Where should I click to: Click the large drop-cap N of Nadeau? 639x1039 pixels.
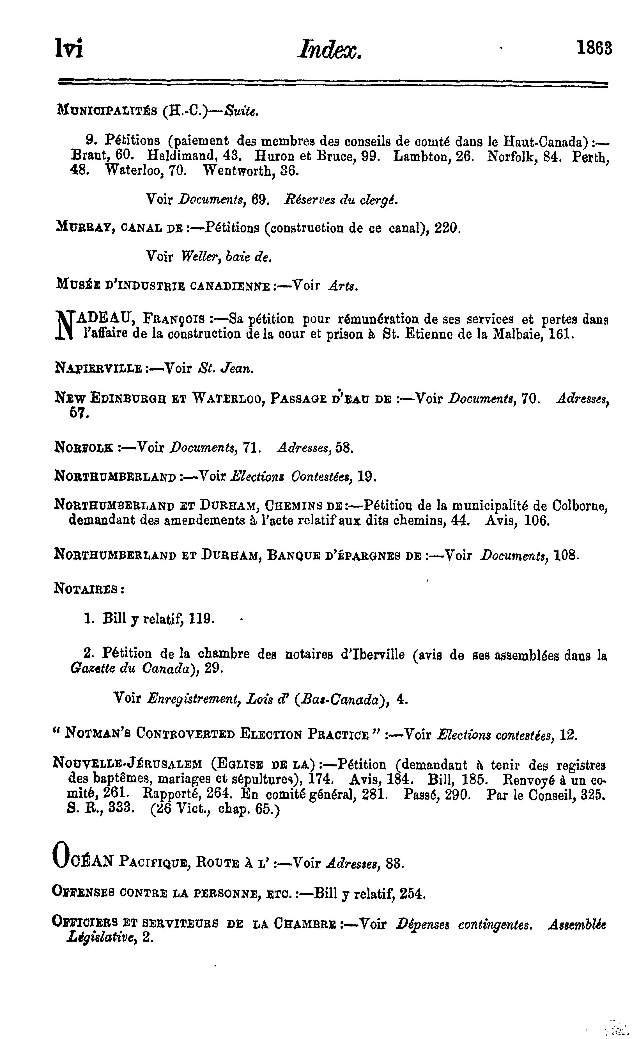64,326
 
